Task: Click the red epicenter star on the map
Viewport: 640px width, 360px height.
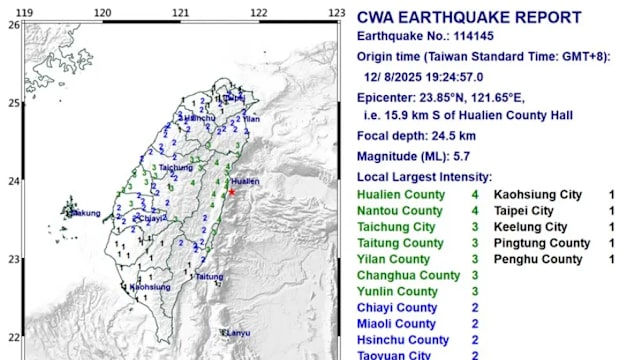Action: [x=232, y=191]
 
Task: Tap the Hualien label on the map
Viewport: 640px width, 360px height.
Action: [x=246, y=181]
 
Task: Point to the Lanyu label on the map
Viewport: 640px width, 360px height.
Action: [x=237, y=332]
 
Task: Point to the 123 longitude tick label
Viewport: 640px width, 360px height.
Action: [x=337, y=12]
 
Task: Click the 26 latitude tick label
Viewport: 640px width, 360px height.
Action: [x=12, y=25]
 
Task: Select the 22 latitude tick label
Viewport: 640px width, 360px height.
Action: [x=12, y=337]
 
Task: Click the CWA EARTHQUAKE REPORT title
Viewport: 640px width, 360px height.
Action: [x=469, y=17]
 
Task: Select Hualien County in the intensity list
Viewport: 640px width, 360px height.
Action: [x=399, y=195]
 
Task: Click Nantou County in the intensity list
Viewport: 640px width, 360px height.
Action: [x=399, y=211]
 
